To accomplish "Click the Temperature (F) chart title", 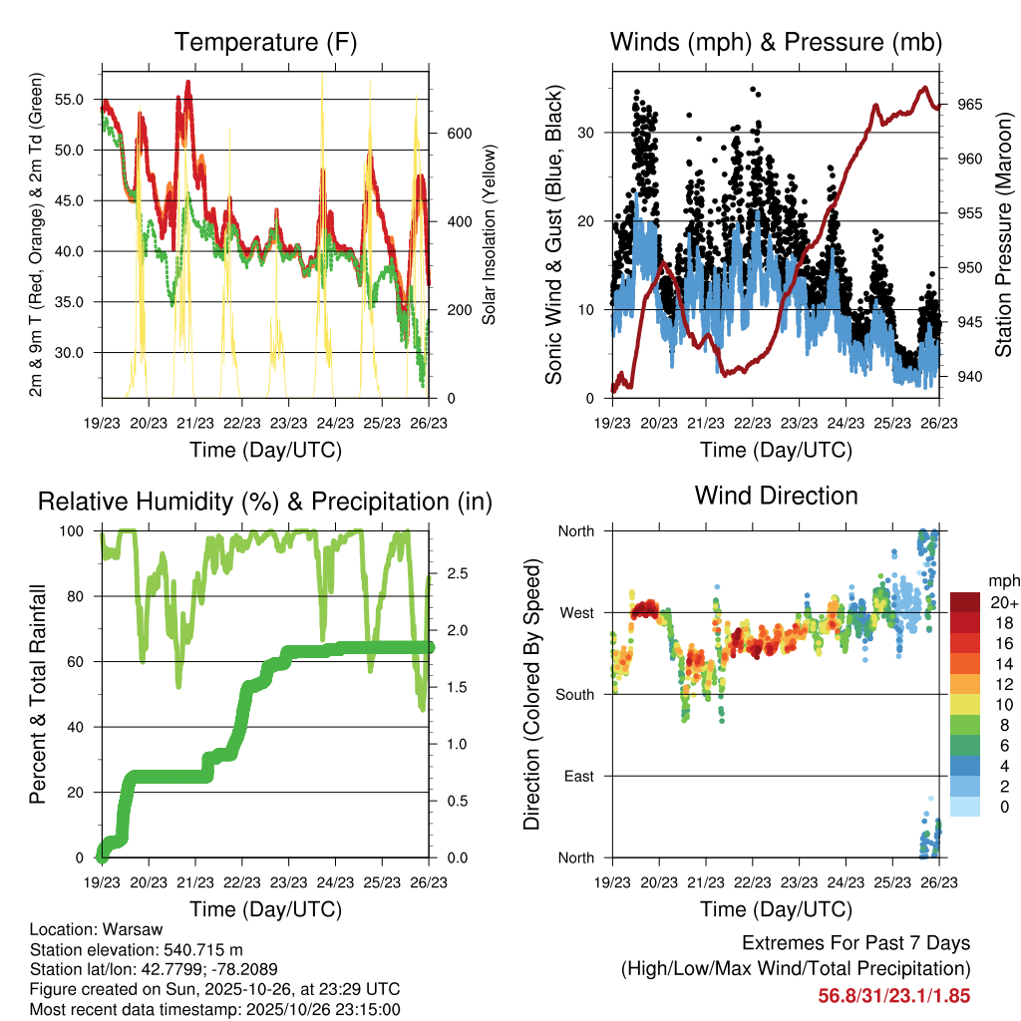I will (x=265, y=42).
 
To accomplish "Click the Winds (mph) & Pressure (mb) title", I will (x=776, y=42).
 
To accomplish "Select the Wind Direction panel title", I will (x=776, y=495).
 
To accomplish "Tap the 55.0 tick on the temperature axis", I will (x=76, y=100).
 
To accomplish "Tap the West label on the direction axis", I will (x=576, y=613).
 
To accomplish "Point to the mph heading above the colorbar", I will (x=1002, y=580).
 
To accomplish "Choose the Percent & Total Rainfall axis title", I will (x=37, y=694).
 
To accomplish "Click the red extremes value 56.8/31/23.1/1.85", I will (x=893, y=995).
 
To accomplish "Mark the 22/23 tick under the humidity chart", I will (x=242, y=882).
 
